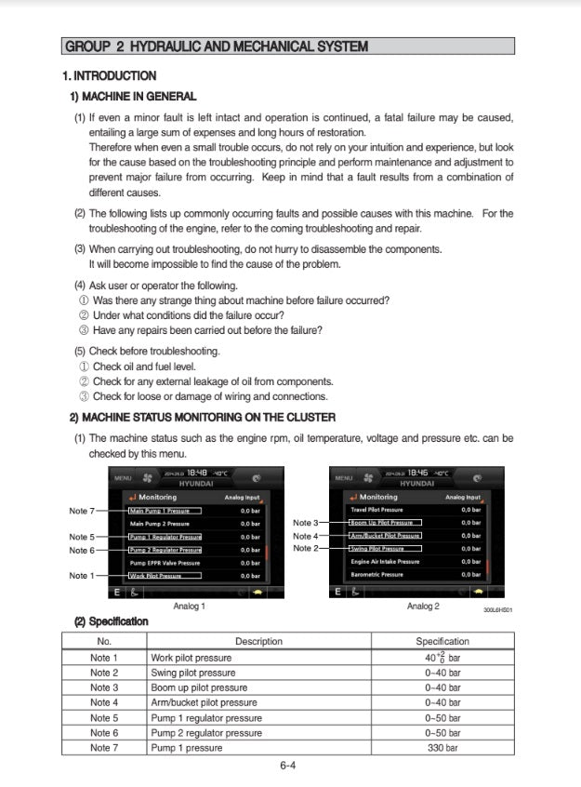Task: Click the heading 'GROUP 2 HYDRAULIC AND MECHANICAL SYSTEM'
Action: click(216, 47)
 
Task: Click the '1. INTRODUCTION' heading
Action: click(109, 75)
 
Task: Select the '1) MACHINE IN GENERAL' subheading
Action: click(134, 96)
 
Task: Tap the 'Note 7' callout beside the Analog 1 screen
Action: click(82, 511)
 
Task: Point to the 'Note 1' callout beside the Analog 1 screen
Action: click(82, 576)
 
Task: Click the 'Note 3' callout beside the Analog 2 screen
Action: click(306, 523)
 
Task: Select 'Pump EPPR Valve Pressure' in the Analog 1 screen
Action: click(165, 563)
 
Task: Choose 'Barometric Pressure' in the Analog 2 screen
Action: click(377, 575)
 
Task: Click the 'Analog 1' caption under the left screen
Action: click(190, 606)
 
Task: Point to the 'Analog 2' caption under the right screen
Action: click(423, 606)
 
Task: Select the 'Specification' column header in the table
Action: click(442, 641)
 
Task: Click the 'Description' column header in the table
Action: click(258, 641)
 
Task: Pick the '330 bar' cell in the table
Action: click(442, 748)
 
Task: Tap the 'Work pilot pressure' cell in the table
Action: click(191, 658)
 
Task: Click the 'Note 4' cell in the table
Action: click(104, 702)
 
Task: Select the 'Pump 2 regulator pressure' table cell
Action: click(206, 733)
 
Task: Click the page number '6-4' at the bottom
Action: click(288, 767)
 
